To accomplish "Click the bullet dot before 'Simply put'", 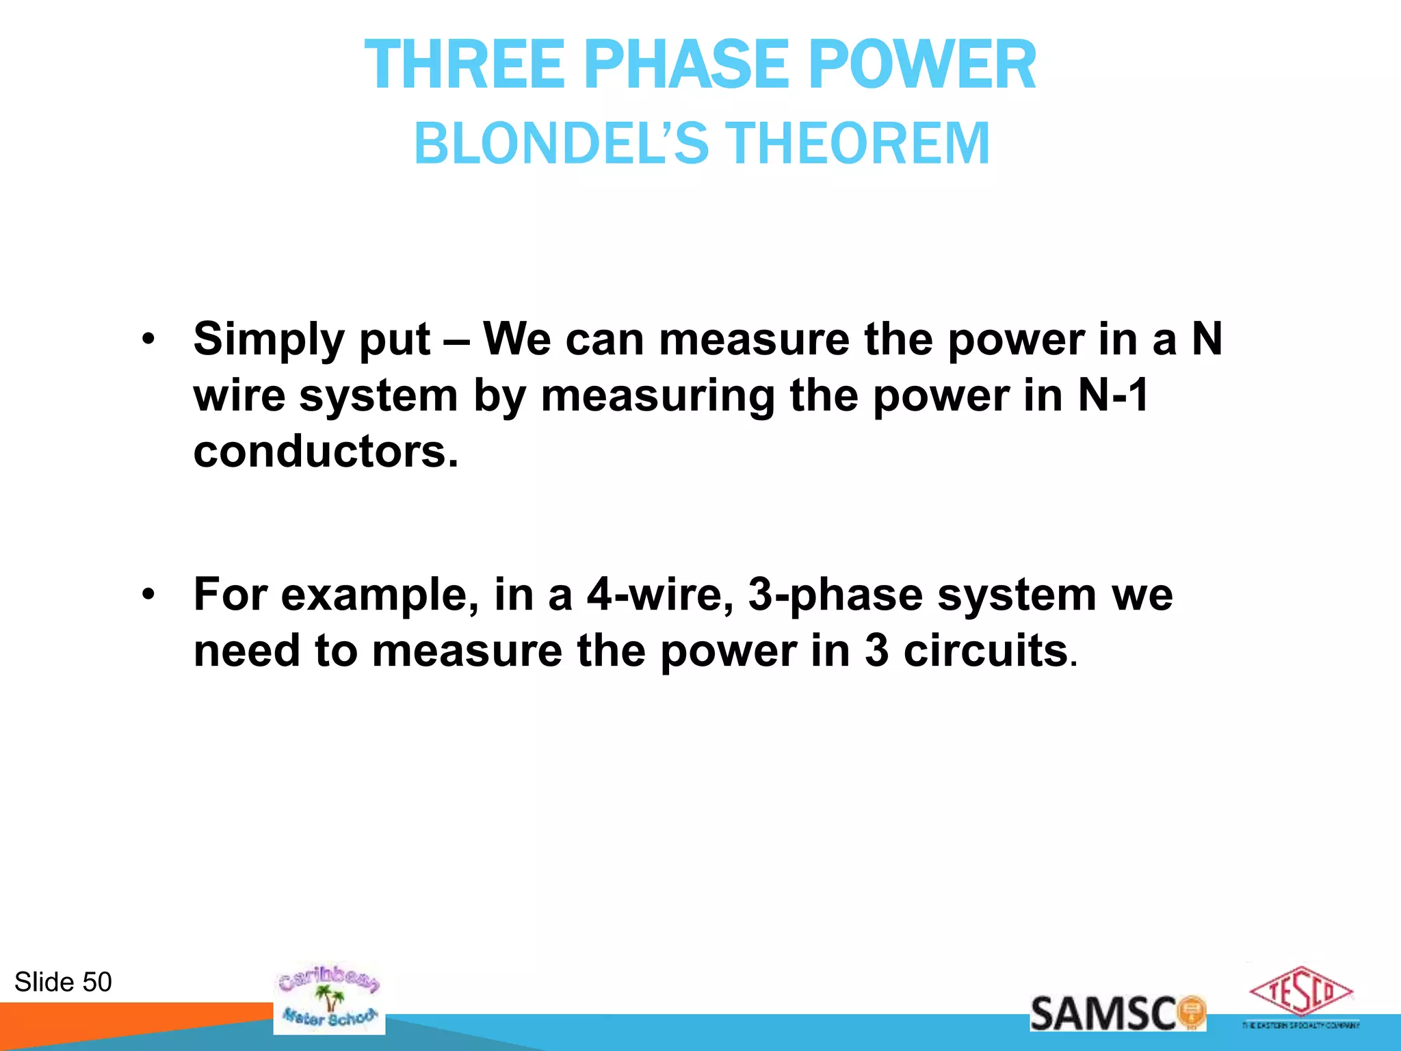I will tap(148, 339).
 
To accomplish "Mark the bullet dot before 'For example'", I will tap(148, 595).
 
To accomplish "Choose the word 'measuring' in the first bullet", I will tap(657, 397).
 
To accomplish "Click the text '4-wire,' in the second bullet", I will tap(660, 594).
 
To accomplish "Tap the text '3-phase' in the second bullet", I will tap(835, 595).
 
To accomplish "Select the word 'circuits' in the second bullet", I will tap(986, 650).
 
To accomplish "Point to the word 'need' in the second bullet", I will tap(246, 650).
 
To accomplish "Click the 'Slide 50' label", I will tap(63, 982).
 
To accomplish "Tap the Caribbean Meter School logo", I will tap(329, 999).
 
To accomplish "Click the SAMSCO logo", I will tap(1117, 1013).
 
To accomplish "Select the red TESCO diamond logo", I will tap(1300, 991).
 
